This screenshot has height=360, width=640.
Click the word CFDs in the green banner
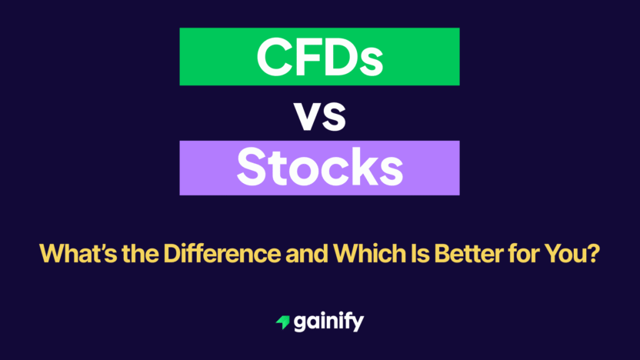pos(319,56)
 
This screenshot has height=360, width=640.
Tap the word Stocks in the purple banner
pos(319,168)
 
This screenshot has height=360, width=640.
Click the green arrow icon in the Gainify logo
pos(282,323)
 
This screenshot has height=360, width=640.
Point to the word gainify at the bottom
pos(328,323)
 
